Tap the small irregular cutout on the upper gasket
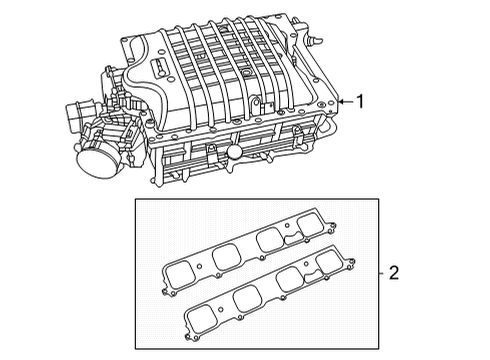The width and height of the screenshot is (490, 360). [x=298, y=236]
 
